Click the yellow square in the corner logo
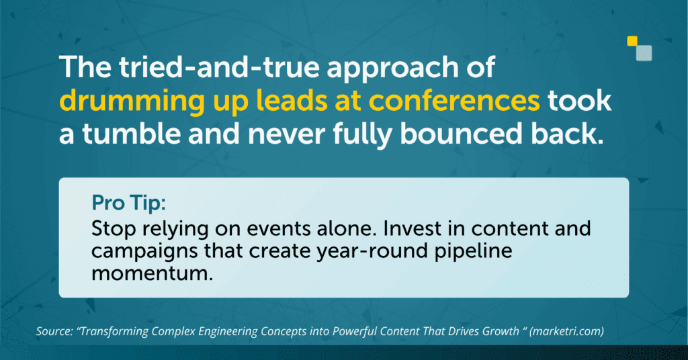click(x=632, y=41)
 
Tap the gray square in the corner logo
click(x=644, y=53)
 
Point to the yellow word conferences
click(x=454, y=101)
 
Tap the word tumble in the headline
click(x=131, y=134)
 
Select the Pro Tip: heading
click(x=128, y=203)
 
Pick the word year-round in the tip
click(x=372, y=252)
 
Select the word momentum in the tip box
click(x=153, y=273)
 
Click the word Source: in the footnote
click(x=54, y=331)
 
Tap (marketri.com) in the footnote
click(x=566, y=331)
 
